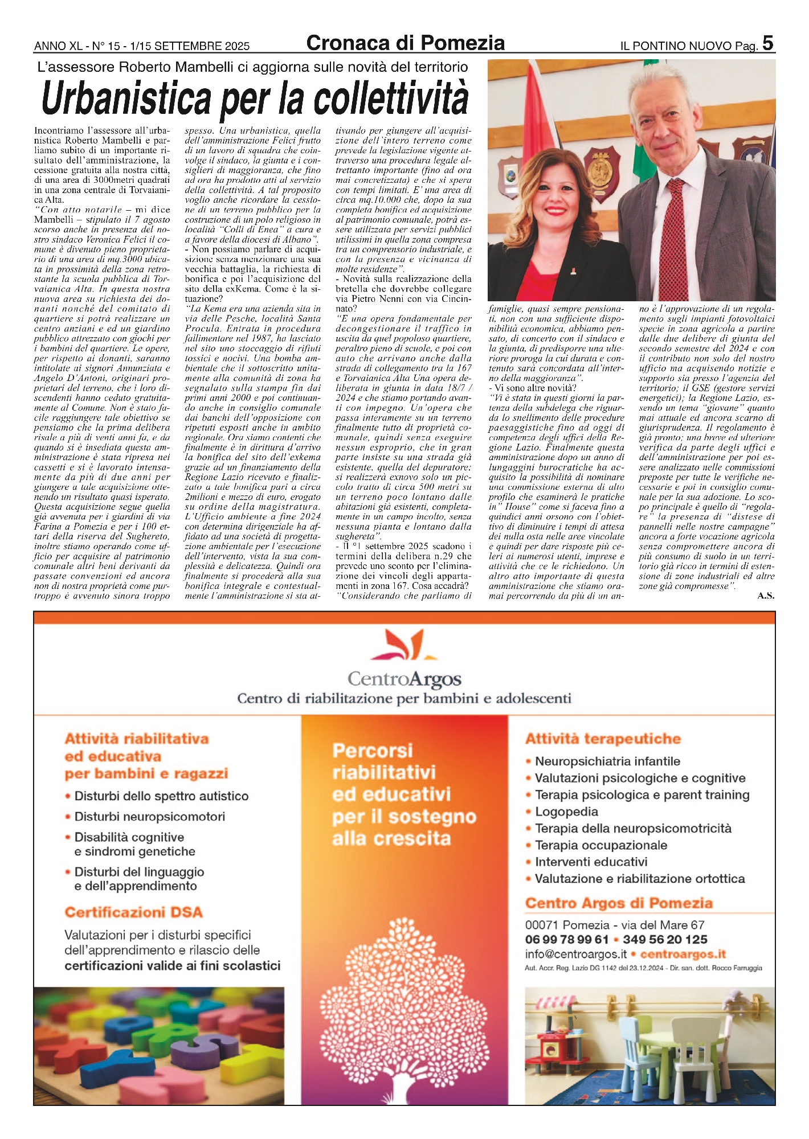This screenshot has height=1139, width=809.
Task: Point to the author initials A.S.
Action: (766, 596)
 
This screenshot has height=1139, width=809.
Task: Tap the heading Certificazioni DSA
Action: (133, 912)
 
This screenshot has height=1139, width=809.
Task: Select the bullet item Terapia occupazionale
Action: (600, 845)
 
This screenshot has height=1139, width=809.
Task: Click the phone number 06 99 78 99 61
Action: (567, 940)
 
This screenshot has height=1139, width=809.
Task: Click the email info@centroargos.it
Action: (575, 954)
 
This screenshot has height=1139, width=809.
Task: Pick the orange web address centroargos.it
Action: (683, 954)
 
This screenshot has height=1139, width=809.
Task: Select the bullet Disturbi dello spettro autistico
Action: (161, 796)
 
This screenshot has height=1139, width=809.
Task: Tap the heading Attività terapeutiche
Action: (603, 739)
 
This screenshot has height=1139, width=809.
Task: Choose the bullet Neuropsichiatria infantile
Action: (607, 761)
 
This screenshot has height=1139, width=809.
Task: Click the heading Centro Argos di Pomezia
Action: (619, 903)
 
